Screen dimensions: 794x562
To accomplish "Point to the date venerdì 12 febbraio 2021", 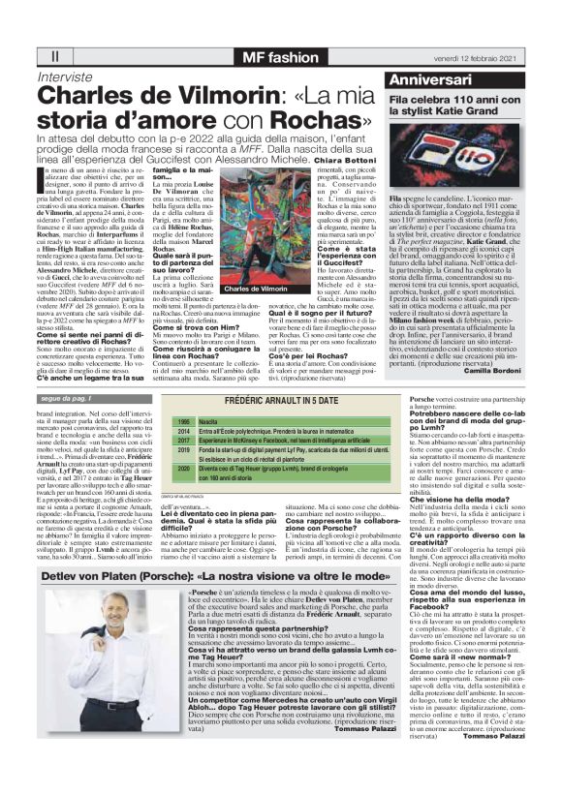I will (x=477, y=57).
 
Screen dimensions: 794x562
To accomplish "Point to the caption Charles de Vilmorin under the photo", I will (x=258, y=290).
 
